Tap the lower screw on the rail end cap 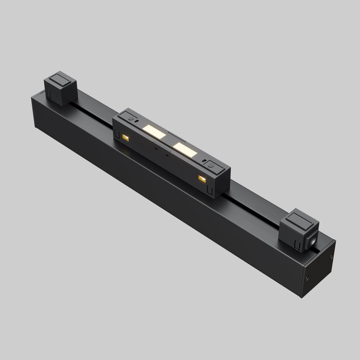point(307,278)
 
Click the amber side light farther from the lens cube point(125,137)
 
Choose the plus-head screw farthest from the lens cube point(132,117)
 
